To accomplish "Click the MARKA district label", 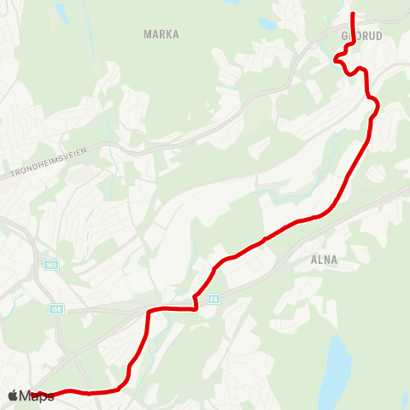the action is pyautogui.click(x=162, y=34).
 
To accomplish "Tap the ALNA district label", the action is pyautogui.click(x=325, y=260).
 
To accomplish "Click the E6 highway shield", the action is pyautogui.click(x=213, y=298).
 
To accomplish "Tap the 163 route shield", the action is pyautogui.click(x=51, y=266).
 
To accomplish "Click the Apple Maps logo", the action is pyautogui.click(x=31, y=395).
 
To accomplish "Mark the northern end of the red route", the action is pyautogui.click(x=353, y=15).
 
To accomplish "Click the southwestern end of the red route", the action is pyautogui.click(x=36, y=395).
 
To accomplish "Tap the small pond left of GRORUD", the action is pyautogui.click(x=267, y=25).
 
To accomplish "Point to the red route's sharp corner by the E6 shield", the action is pyautogui.click(x=196, y=308).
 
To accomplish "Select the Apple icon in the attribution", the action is pyautogui.click(x=13, y=395).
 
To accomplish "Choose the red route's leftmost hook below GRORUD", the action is pyautogui.click(x=336, y=59).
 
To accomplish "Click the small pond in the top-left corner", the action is pyautogui.click(x=61, y=11).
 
